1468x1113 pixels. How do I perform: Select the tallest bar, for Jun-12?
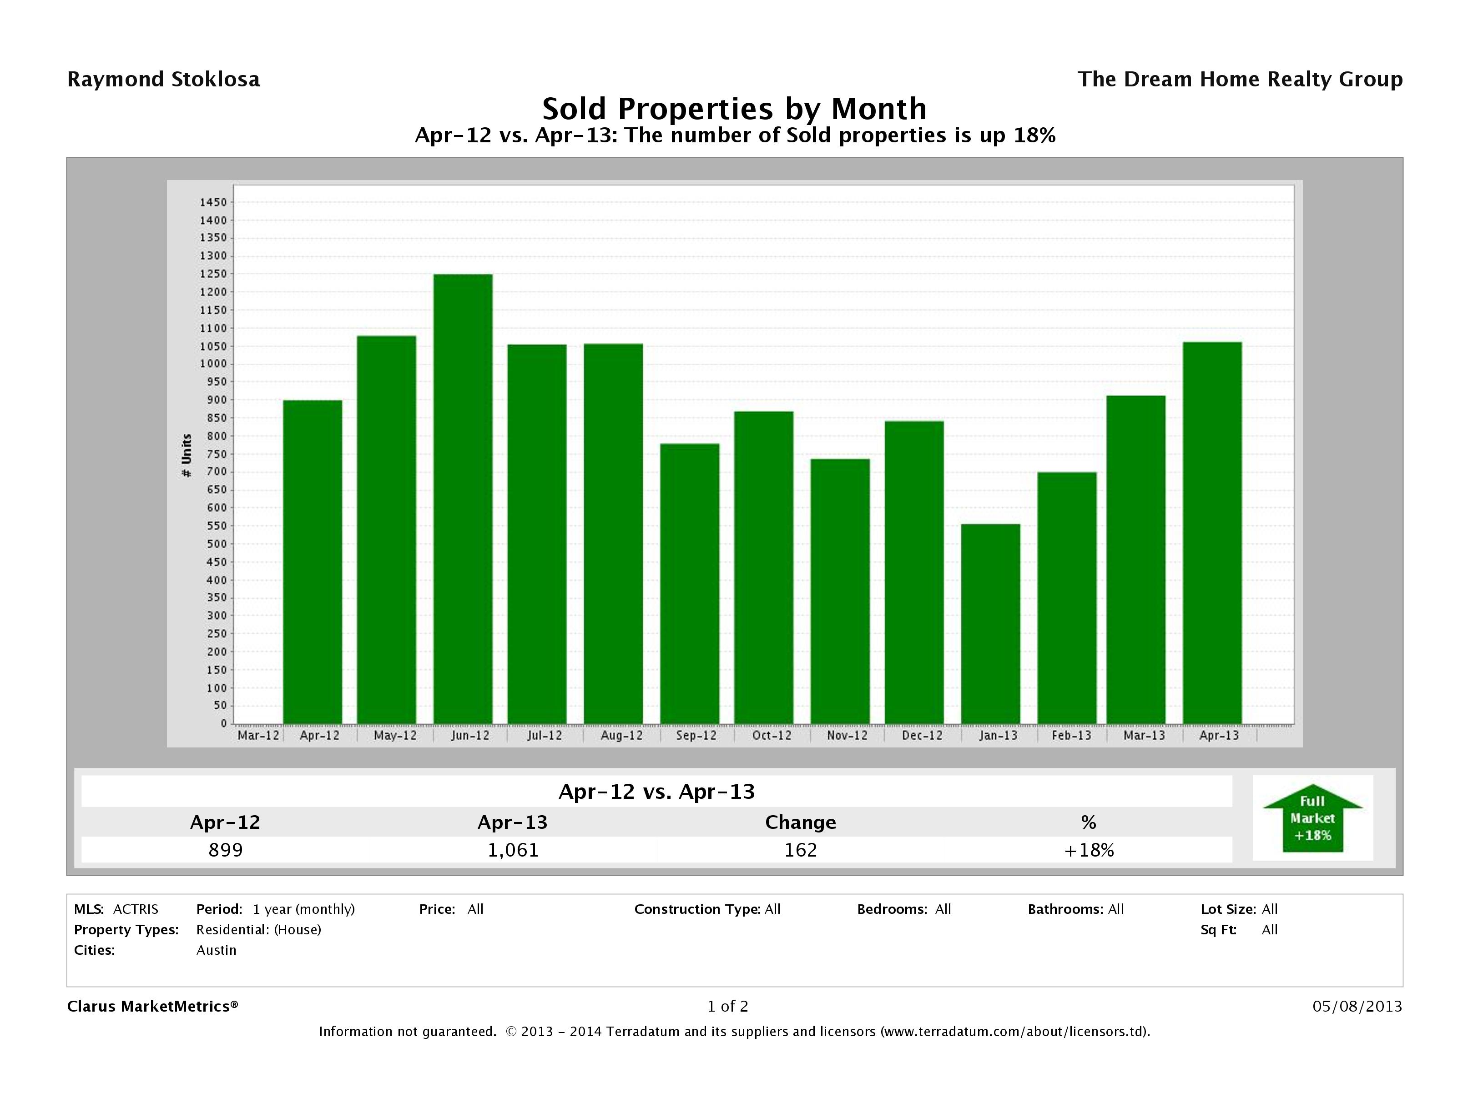(463, 499)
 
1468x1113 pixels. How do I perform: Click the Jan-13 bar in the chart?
(990, 623)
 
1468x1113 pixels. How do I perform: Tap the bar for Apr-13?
(1212, 532)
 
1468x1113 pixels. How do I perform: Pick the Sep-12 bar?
(690, 584)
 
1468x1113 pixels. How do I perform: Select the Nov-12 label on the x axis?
(848, 736)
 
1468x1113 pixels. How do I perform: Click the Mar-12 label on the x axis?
(258, 736)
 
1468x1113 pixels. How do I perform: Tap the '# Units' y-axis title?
(187, 456)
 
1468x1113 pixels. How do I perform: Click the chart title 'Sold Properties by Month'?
(734, 109)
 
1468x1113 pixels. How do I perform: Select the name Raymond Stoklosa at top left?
(163, 80)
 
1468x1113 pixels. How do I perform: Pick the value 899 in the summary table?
(226, 850)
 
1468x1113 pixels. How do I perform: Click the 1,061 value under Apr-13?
(513, 850)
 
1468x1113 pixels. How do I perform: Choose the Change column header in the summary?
(800, 822)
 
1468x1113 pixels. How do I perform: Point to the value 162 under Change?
(800, 850)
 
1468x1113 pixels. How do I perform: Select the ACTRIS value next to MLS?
(136, 909)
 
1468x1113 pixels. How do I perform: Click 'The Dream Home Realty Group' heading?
(1240, 80)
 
